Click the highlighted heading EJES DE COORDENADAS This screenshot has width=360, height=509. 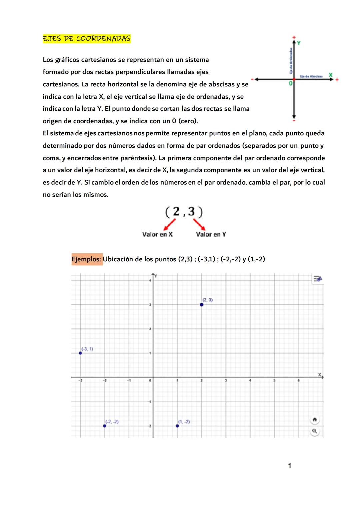point(86,39)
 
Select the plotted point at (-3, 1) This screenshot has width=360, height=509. point(80,353)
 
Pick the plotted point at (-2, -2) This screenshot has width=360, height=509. point(105,426)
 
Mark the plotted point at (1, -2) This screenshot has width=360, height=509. point(177,426)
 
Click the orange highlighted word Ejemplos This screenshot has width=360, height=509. point(87,259)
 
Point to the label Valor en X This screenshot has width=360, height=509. point(157,234)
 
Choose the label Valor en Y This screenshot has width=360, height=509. point(211,234)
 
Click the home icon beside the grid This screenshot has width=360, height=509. point(314,419)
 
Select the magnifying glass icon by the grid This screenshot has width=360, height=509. point(314,431)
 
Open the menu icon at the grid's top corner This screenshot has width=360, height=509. point(318,279)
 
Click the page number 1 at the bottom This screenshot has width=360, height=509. point(289,465)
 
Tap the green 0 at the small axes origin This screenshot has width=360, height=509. point(291,83)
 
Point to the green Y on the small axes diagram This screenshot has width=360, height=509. point(299,43)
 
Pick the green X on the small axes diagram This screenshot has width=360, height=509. point(330,75)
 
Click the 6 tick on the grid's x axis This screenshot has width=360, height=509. point(299,380)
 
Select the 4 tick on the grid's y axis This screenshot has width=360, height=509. point(150,281)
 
